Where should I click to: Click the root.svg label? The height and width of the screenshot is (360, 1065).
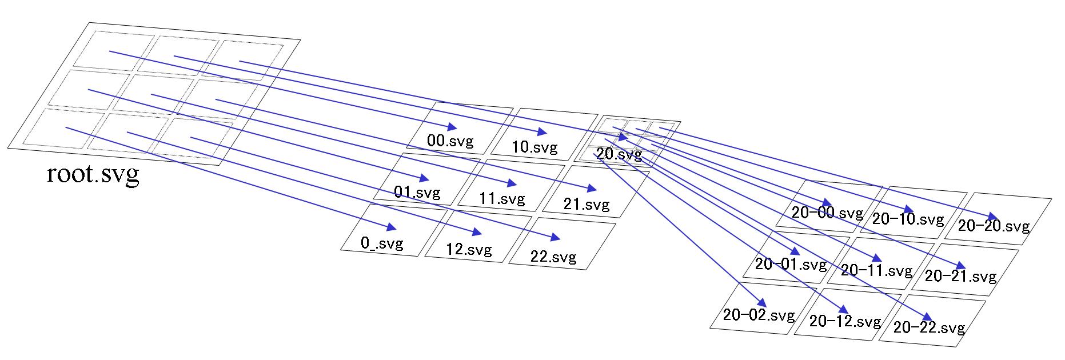pos(93,174)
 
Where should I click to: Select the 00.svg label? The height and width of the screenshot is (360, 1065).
pos(450,141)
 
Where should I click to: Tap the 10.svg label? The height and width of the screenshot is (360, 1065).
pos(534,147)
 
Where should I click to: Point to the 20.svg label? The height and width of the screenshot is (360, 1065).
pos(619,154)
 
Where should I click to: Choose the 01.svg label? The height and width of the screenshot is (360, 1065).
pos(417,192)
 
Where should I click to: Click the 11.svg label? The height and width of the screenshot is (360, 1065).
pos(501,198)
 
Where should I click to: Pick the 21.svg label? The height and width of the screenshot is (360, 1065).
pos(586,205)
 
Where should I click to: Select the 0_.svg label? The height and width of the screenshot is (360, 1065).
pos(381,243)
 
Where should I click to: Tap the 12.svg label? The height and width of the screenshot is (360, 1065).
pos(468,250)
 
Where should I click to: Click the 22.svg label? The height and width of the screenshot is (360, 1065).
pos(553,257)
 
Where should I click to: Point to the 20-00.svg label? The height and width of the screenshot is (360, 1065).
pos(827,213)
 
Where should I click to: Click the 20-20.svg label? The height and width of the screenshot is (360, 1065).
pos(993,226)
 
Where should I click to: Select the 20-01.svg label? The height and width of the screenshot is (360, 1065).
pos(790,264)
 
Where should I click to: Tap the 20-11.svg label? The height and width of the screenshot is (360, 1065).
pos(876,270)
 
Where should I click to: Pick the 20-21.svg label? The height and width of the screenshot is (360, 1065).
pos(960,277)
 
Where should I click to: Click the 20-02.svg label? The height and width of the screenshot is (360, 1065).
pos(758,315)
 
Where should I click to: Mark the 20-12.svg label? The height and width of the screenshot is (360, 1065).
pos(844,321)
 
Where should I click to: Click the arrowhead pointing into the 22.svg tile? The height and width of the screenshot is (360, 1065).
pos(555,237)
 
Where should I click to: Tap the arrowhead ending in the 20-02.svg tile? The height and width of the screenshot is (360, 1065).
pos(761,303)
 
